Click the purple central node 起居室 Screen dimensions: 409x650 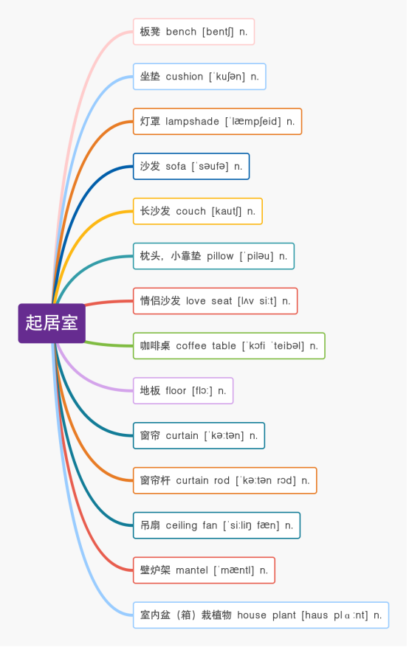point(52,323)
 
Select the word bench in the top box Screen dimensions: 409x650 point(182,32)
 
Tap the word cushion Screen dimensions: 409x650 point(185,77)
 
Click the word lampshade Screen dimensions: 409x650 point(193,122)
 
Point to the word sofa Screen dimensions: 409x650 point(176,166)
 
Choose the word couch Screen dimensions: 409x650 point(190,211)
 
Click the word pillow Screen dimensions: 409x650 point(220,256)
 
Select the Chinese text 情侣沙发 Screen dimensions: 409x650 point(160,301)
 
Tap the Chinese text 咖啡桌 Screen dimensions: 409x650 point(155,346)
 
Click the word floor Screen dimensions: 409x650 point(176,390)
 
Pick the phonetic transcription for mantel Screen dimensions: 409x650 point(234,570)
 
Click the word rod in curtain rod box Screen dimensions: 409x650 point(221,480)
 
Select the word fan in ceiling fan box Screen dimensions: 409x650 point(210,525)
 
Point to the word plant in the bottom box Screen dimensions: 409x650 point(283,615)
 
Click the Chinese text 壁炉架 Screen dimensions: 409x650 point(155,570)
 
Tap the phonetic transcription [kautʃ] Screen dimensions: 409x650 point(227,212)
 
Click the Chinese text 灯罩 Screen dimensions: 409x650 point(150,122)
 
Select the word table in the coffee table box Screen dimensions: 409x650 point(224,346)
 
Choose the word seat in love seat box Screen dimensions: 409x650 point(221,301)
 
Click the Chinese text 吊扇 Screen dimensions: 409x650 point(150,525)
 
